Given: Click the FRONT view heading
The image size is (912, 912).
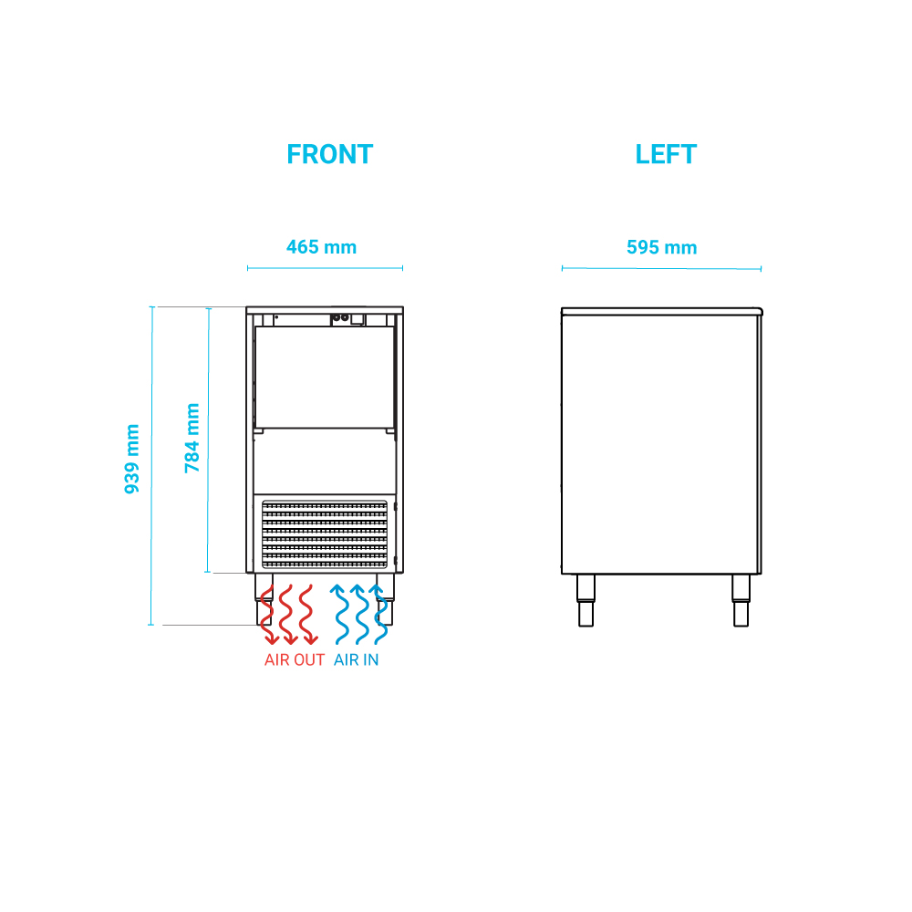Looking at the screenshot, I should (x=329, y=155).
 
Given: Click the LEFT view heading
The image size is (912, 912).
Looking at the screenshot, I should (x=666, y=155).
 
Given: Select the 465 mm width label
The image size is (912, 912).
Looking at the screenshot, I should (x=321, y=247).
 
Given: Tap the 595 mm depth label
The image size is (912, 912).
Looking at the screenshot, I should (x=661, y=248).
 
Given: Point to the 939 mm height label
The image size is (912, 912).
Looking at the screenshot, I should (x=133, y=459).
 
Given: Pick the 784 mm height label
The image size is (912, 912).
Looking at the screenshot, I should (x=192, y=438).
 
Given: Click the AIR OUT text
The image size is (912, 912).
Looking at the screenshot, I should (x=294, y=660).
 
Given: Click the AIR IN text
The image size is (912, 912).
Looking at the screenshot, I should (x=356, y=660).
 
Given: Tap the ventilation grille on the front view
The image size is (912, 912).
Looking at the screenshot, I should (x=325, y=534).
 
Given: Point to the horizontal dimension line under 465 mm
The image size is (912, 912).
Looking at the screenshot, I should (x=325, y=268).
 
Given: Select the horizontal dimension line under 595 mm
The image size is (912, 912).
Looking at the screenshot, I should (x=661, y=268).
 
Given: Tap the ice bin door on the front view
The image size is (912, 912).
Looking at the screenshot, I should (x=324, y=377).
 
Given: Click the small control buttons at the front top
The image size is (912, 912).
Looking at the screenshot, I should (x=340, y=318).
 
